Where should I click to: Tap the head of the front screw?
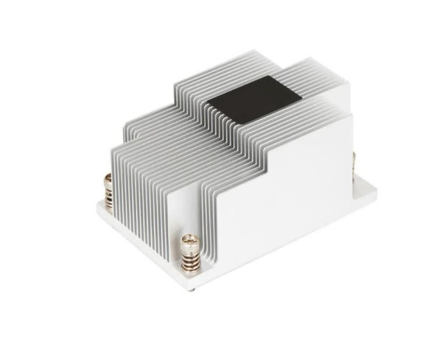pos(191,240)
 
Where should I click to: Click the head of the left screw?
pos(108,178)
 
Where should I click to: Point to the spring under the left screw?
pos(109,194)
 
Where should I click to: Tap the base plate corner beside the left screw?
pos(99,208)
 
